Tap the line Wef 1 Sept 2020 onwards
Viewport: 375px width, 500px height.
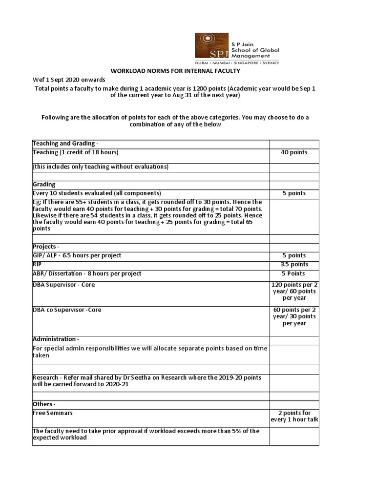[69, 80]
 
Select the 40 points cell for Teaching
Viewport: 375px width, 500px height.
[294, 152]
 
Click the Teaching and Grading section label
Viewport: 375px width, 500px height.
[65, 144]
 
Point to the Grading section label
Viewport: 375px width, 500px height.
[44, 185]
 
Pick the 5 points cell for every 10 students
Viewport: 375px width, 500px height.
[294, 193]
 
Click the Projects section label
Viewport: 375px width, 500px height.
[45, 247]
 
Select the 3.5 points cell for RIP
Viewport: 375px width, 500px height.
[294, 265]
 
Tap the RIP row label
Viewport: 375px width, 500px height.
[37, 264]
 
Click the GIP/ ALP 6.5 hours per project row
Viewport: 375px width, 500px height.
[77, 255]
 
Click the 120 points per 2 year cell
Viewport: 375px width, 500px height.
[294, 291]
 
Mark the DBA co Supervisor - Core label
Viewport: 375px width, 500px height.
[67, 310]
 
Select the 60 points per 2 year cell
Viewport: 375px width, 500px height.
[294, 316]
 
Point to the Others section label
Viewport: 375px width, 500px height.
[44, 404]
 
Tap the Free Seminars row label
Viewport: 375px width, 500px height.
[53, 413]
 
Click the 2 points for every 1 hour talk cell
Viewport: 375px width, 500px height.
[294, 417]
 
